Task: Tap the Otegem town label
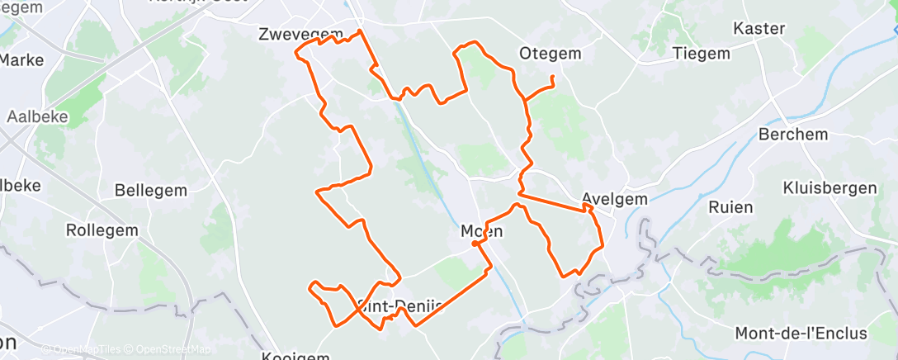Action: pyautogui.click(x=551, y=54)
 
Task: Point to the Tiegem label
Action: pyautogui.click(x=702, y=54)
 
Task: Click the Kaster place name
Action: pyautogui.click(x=759, y=29)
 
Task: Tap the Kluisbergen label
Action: pyautogui.click(x=830, y=187)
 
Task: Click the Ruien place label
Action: pyautogui.click(x=730, y=207)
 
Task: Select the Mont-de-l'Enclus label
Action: pyautogui.click(x=801, y=334)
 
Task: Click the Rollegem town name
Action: pyautogui.click(x=102, y=230)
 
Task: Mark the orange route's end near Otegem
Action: pyautogui.click(x=551, y=78)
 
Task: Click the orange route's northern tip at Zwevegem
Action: pyautogui.click(x=359, y=31)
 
